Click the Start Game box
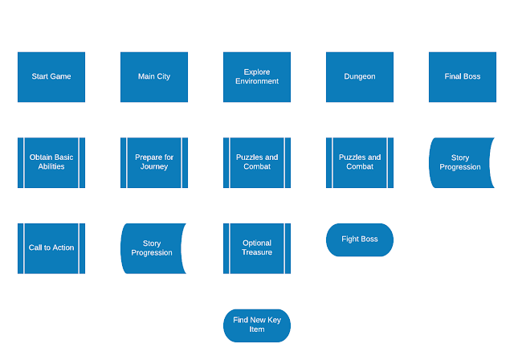tap(51, 77)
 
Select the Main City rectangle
tap(154, 77)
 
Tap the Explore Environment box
tap(257, 77)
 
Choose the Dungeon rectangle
tap(360, 77)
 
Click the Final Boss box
tap(463, 77)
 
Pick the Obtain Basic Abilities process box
tap(51, 162)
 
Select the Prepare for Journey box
tap(154, 162)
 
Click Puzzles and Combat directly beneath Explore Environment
tap(257, 162)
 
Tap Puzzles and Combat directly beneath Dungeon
tap(360, 162)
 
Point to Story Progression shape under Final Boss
tap(460, 162)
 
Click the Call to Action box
tap(51, 248)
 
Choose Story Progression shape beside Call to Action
tap(152, 248)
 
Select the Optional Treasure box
tap(257, 248)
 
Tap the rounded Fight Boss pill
tap(360, 239)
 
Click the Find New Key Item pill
tap(257, 325)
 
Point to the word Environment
tap(257, 81)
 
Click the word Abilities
tap(51, 166)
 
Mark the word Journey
tap(154, 167)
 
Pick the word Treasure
tap(257, 252)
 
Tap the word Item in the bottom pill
tap(257, 329)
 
